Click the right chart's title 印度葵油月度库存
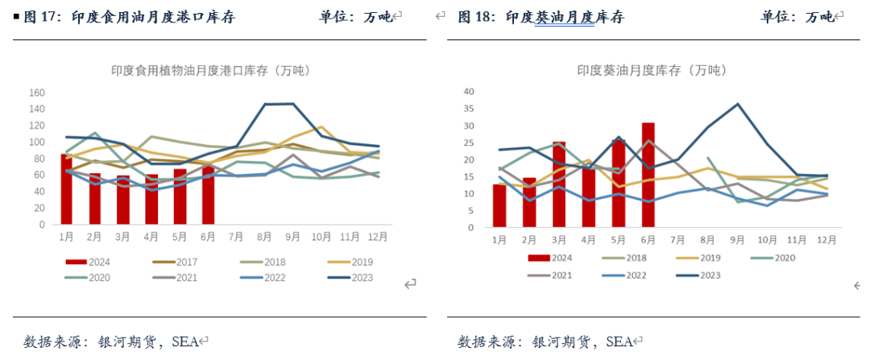pos(644,71)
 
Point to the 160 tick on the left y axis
pos(36,92)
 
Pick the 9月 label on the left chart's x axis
pos(292,237)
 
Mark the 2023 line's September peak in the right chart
pos(736,104)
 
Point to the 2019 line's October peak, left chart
pos(321,127)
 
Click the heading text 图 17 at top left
pos(38,17)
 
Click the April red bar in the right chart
pos(588,197)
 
